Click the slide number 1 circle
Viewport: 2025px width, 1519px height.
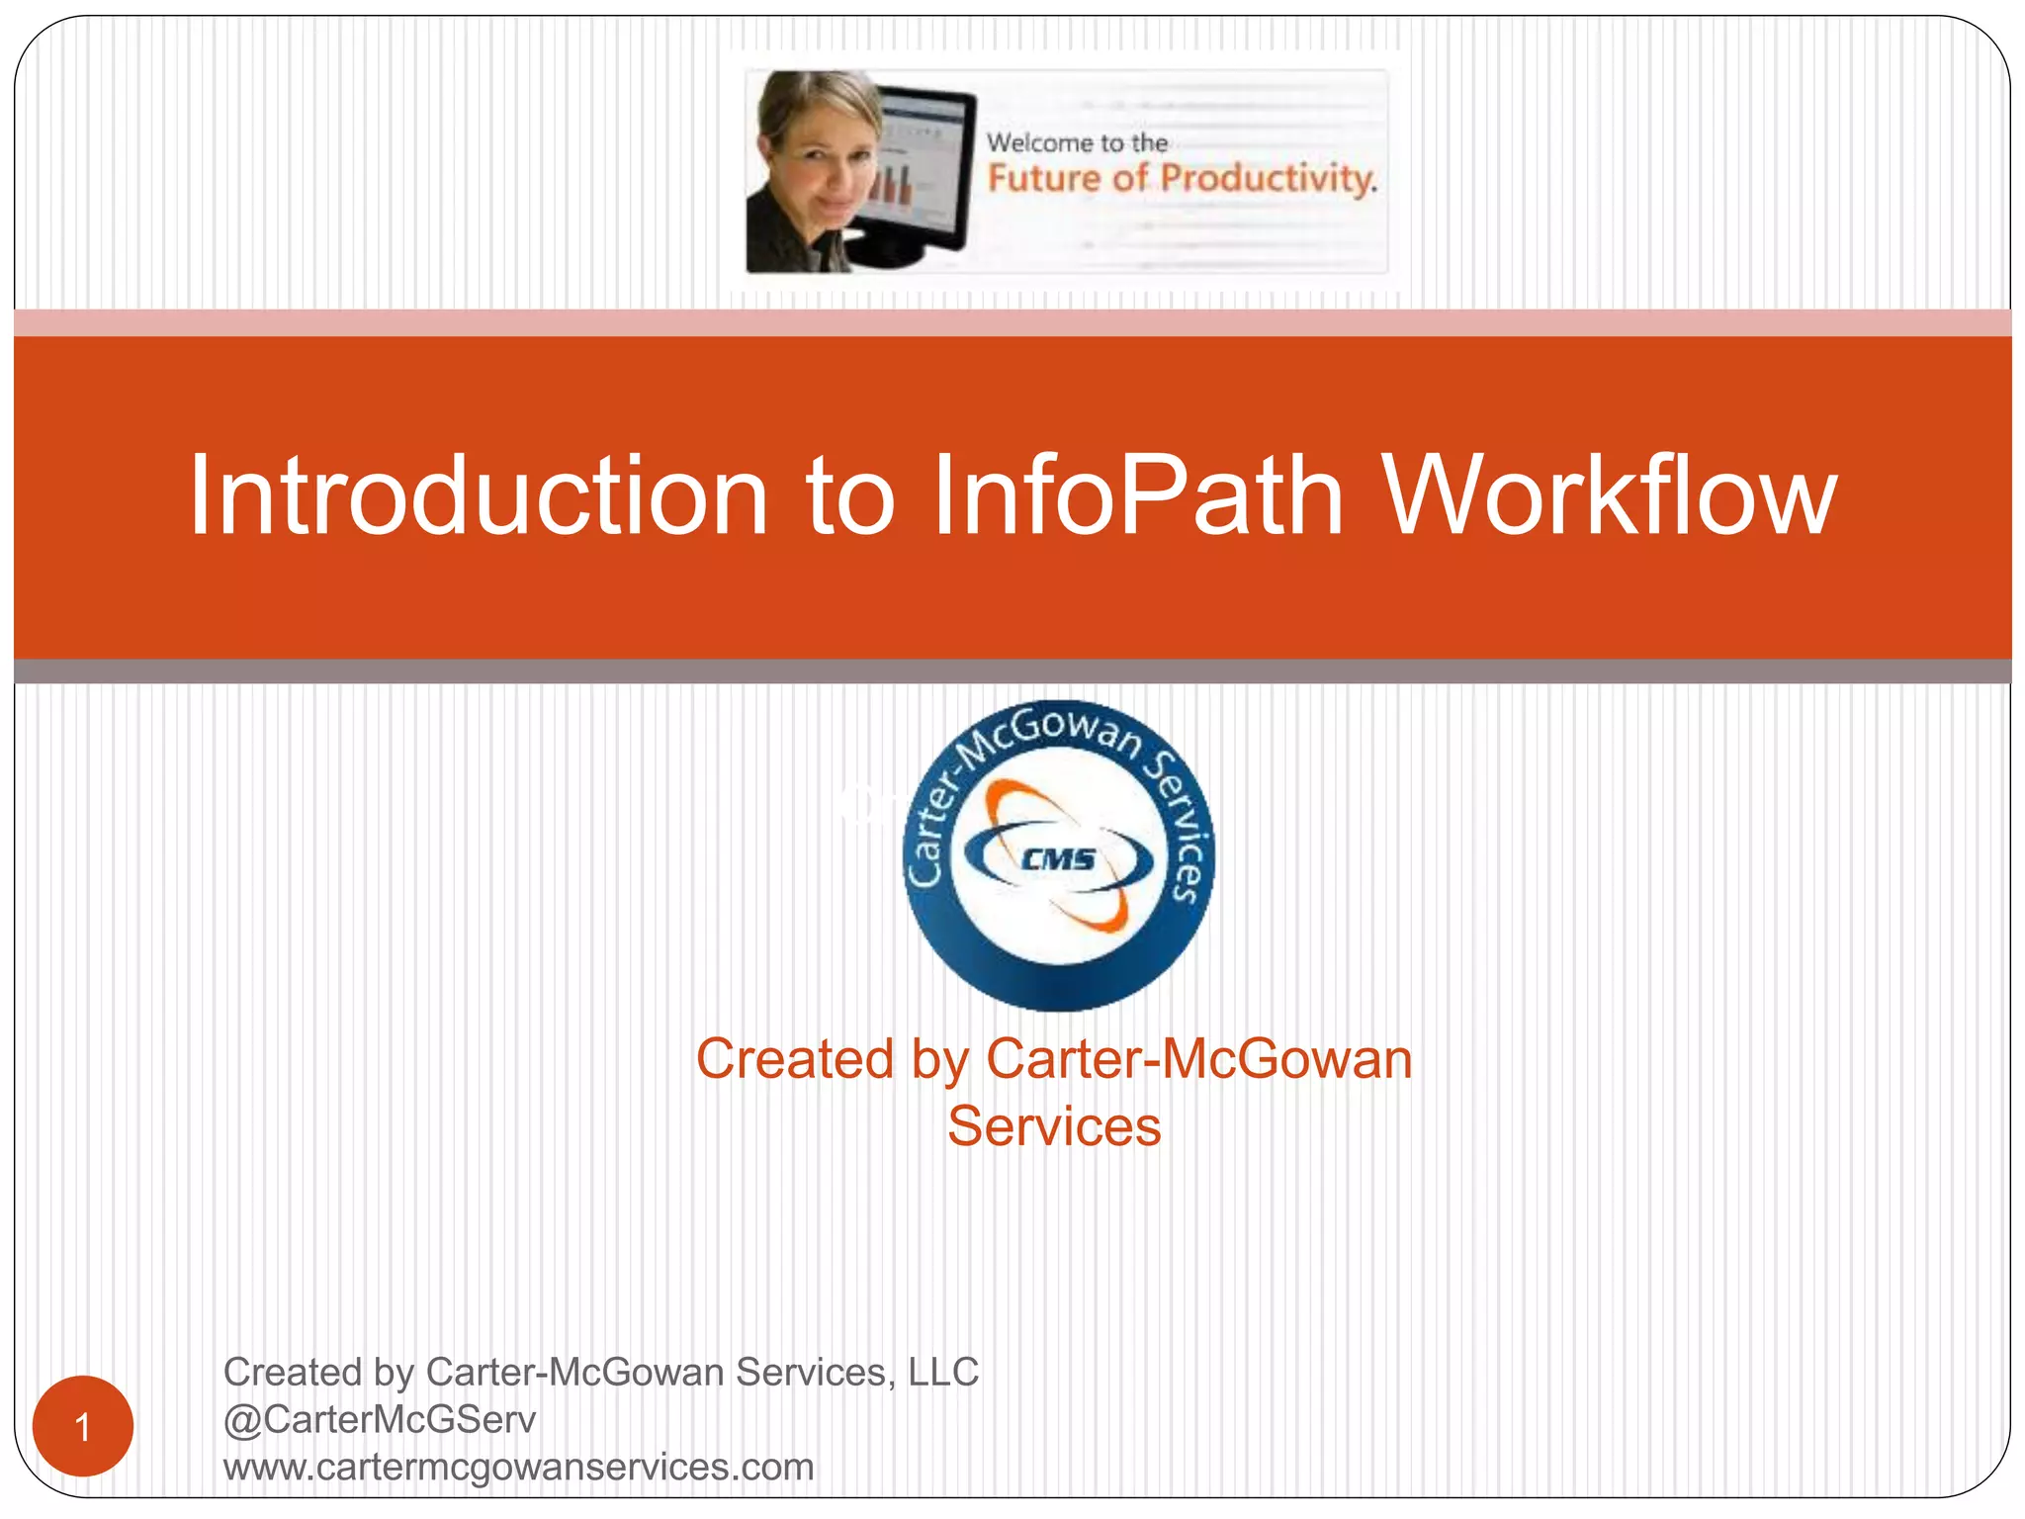(x=83, y=1426)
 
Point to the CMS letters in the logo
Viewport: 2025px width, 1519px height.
(x=1058, y=859)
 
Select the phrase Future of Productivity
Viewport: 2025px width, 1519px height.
(x=1182, y=179)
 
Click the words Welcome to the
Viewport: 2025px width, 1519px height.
(x=1077, y=143)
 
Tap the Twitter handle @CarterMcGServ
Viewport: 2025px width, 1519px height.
(x=380, y=1420)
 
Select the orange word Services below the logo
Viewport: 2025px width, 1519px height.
(x=1054, y=1127)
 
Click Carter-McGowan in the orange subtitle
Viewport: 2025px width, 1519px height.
(x=1198, y=1060)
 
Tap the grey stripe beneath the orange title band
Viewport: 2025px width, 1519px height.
(x=1012, y=671)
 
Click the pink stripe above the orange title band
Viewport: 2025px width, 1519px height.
(x=1012, y=322)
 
